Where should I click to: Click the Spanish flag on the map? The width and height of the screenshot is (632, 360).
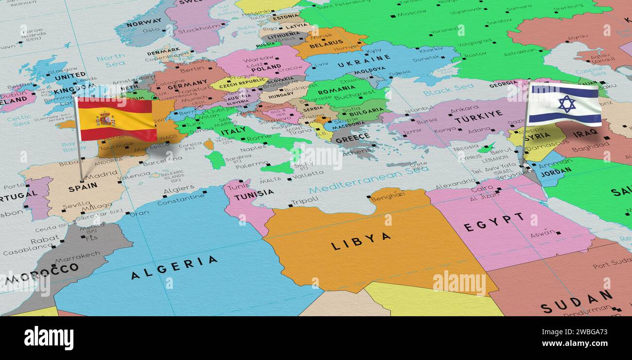point(117,119)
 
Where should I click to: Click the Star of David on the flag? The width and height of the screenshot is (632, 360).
point(566,104)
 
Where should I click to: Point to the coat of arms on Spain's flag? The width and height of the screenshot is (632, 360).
point(105,119)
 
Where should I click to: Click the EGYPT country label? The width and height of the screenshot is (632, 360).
point(493,222)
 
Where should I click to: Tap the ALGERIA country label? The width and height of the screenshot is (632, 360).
point(174,268)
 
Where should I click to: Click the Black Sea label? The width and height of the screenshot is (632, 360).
point(441,90)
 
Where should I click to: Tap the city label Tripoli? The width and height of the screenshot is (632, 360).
point(304,200)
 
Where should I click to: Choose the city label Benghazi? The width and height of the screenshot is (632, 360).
point(387,196)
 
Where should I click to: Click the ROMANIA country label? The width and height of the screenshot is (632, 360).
point(336,90)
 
